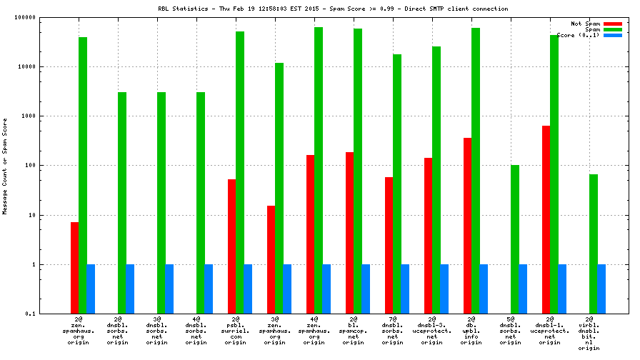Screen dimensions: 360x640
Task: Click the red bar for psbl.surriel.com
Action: coord(231,246)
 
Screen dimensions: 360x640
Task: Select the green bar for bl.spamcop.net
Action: coord(357,171)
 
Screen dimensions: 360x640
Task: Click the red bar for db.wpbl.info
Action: coord(467,226)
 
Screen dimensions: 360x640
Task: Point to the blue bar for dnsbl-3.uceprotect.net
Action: coord(444,289)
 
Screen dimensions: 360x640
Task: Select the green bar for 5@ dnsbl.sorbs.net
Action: coord(514,239)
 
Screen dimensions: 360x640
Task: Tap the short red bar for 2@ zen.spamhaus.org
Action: coord(74,268)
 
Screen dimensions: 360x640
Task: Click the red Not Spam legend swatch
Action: coord(613,24)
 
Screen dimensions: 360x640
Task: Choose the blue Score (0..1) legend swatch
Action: coord(613,35)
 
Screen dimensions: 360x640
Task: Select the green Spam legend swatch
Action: coord(613,29)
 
